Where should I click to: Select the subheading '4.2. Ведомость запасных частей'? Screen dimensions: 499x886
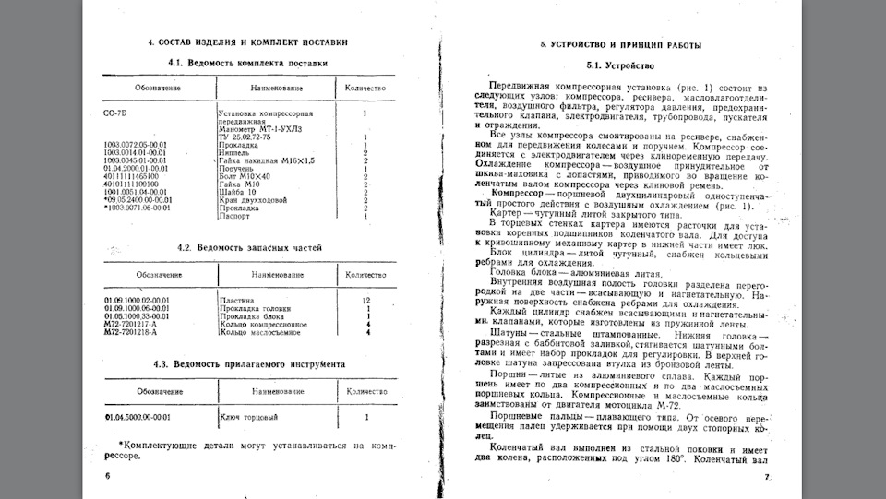tap(249, 248)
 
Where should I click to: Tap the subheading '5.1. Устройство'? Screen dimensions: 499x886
tap(619, 65)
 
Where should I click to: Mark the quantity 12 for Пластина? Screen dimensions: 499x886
tap(365, 301)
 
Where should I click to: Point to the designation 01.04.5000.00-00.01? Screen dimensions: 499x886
tap(138, 418)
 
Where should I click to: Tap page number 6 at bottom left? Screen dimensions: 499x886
tap(108, 476)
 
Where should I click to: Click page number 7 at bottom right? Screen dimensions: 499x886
tap(766, 476)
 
